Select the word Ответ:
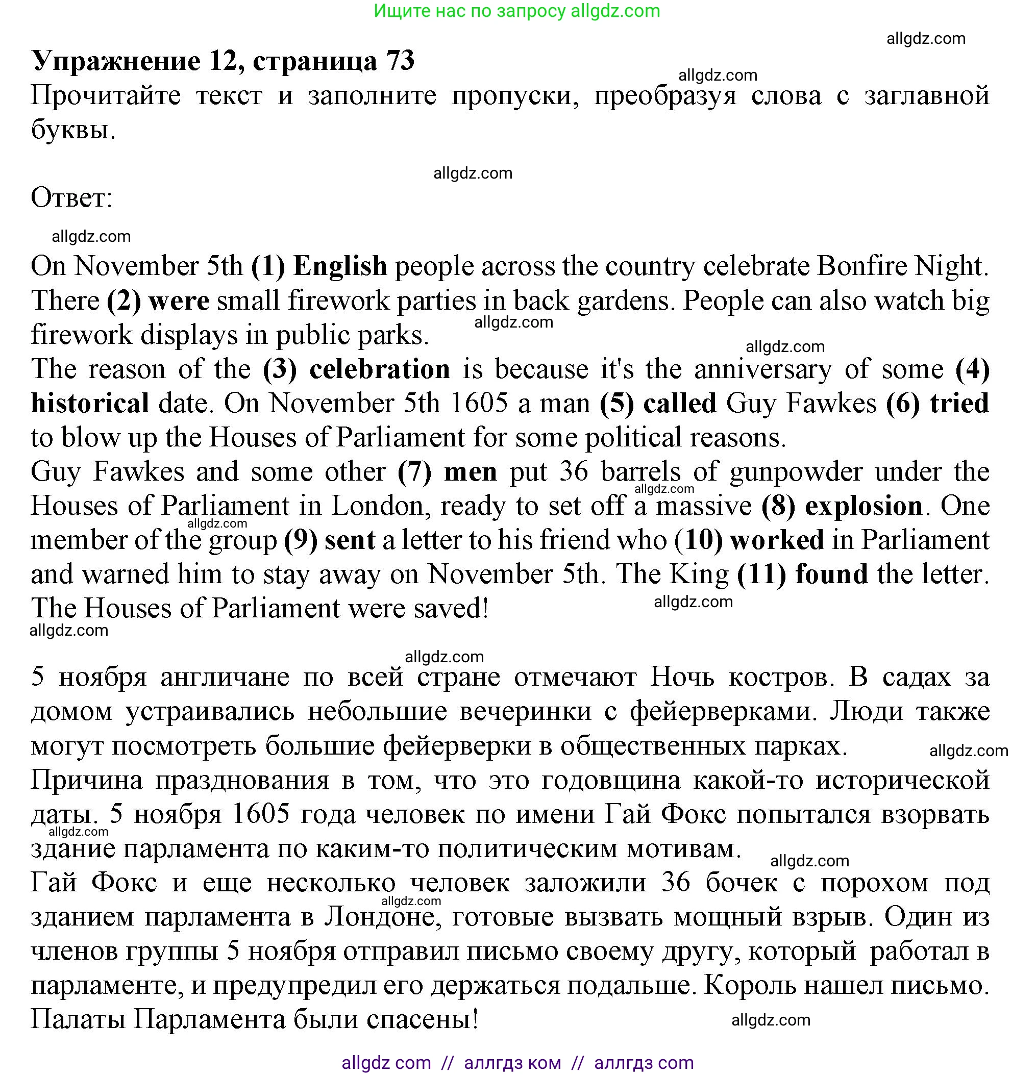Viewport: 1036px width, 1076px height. click(71, 197)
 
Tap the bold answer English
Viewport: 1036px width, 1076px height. click(340, 266)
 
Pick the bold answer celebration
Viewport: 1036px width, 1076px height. click(379, 369)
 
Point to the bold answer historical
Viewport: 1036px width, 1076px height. click(90, 404)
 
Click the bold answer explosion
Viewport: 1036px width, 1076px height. click(864, 506)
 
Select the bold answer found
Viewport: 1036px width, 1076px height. click(831, 574)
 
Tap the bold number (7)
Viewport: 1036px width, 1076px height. click(414, 472)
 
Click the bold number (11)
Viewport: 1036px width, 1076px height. click(761, 574)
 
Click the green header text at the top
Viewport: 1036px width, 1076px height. click(516, 11)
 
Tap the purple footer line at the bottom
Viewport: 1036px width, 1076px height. click(517, 1063)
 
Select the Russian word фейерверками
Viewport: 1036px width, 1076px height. click(723, 712)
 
